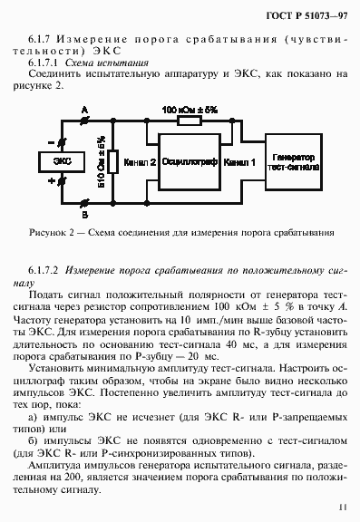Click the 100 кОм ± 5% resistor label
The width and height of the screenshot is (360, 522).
190,110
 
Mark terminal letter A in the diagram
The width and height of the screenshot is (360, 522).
84,111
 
